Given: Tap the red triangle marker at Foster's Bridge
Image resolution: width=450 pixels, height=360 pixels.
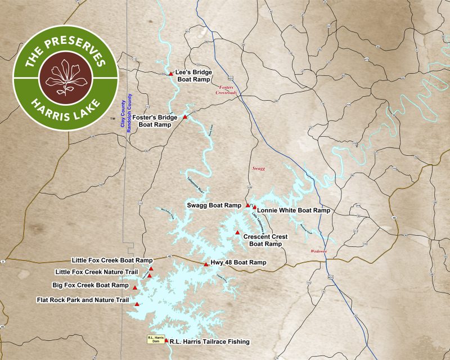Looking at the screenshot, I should [185, 117].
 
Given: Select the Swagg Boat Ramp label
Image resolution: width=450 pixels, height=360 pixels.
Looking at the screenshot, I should [214, 205].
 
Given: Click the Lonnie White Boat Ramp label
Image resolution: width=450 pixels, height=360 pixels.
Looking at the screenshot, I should [293, 210].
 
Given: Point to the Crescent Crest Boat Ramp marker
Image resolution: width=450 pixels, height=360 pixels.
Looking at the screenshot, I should [237, 233].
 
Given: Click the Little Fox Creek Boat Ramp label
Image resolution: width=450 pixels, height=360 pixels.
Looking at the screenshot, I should [112, 260].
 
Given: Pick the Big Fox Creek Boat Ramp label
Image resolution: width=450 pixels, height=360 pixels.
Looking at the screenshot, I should [91, 285].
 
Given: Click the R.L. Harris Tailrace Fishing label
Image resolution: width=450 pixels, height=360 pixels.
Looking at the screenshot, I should [209, 341].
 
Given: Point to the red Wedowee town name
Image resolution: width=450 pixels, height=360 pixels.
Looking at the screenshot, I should [319, 251].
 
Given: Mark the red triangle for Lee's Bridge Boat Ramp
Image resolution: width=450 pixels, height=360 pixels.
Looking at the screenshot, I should [171, 74].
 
